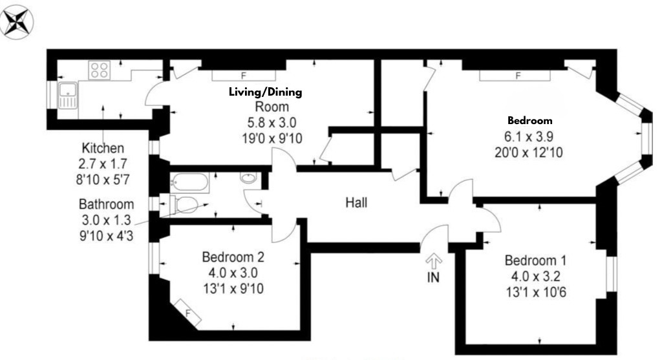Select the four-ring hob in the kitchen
pos(100,69)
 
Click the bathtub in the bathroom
pos(189,182)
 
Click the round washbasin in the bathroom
pos(248,178)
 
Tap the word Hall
pos(356,203)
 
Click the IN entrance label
pos(433,279)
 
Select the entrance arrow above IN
pos(433,261)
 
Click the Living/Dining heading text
pos(265,92)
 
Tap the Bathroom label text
pos(107,204)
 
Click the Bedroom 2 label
pos(233,257)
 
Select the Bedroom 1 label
pos(535,261)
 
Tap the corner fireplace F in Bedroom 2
pos(188,313)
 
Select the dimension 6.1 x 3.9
pos(529,136)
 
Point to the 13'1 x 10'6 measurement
pos(535,292)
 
